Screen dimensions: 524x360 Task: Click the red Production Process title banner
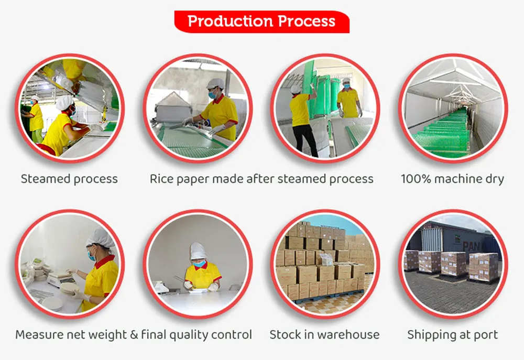click(x=261, y=21)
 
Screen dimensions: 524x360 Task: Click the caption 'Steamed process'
click(x=69, y=179)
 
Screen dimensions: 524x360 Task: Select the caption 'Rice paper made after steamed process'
click(x=261, y=179)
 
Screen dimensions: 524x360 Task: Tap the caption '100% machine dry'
click(x=452, y=179)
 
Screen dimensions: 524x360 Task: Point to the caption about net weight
click(x=134, y=334)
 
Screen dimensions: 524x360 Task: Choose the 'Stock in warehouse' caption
click(x=324, y=334)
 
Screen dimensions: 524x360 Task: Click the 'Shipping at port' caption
click(x=453, y=334)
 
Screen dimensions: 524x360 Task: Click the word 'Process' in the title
click(x=307, y=21)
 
